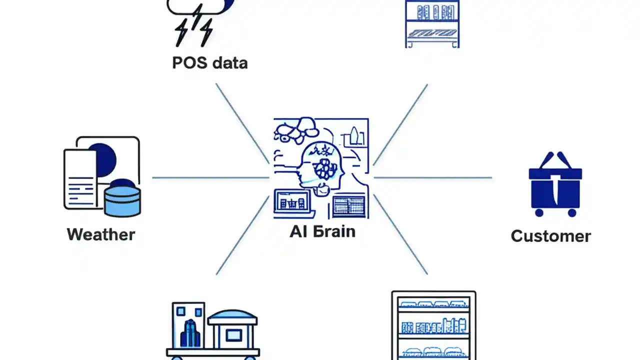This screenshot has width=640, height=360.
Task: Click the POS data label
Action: coord(209,63)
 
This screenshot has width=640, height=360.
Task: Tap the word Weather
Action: coord(101,234)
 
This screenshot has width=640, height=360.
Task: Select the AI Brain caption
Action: coord(322,231)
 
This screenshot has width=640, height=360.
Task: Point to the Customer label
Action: coord(550,236)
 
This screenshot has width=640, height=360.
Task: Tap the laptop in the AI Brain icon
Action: coord(292,202)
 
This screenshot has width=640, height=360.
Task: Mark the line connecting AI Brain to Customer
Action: coord(433,177)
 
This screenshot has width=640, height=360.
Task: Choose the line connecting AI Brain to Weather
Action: coord(210,177)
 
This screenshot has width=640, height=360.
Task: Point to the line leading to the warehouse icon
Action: coord(242,235)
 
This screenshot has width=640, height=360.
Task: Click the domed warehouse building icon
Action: coord(232,330)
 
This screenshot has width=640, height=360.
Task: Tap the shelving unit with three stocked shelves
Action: coord(433,325)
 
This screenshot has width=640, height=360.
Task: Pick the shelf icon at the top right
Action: coord(432,22)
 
